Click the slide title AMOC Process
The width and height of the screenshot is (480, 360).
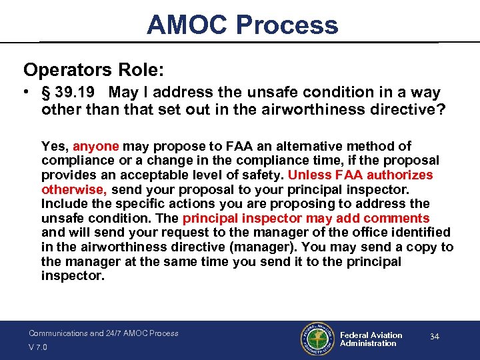point(242,25)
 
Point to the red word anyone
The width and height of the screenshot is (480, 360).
point(95,146)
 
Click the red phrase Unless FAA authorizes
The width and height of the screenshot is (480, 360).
point(360,175)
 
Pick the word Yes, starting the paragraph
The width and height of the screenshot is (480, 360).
point(55,146)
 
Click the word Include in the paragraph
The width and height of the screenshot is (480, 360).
point(65,204)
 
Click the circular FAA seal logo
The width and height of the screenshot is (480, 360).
point(317,339)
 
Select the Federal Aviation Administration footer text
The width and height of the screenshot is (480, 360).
point(371,339)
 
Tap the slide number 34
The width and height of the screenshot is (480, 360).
point(434,337)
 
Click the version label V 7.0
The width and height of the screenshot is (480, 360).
point(39,347)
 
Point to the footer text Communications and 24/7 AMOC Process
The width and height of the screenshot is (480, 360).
point(103,333)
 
